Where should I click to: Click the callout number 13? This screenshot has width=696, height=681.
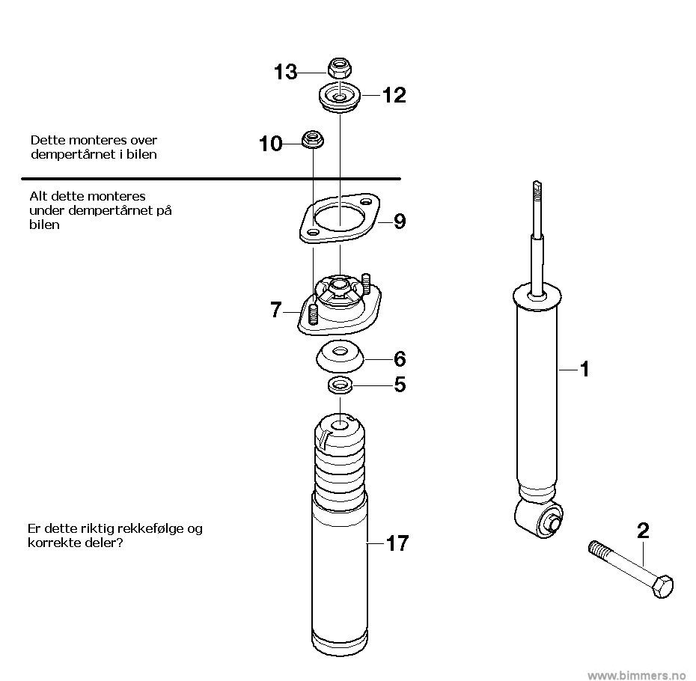[285, 72]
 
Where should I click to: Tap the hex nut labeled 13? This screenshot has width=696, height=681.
[340, 67]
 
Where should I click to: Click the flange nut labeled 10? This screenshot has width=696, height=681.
[313, 139]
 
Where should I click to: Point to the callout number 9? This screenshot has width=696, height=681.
[400, 221]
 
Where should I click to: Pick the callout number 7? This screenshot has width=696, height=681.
[276, 309]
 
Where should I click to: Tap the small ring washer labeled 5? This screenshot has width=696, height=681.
[340, 385]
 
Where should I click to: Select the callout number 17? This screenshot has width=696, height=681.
[397, 543]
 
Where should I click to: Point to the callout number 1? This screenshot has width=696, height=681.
[585, 369]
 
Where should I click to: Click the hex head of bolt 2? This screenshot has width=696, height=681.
[662, 586]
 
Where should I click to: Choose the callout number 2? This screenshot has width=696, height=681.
[643, 531]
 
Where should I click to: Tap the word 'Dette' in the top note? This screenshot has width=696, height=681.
[44, 140]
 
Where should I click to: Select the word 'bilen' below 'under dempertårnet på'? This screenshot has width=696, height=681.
[44, 225]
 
